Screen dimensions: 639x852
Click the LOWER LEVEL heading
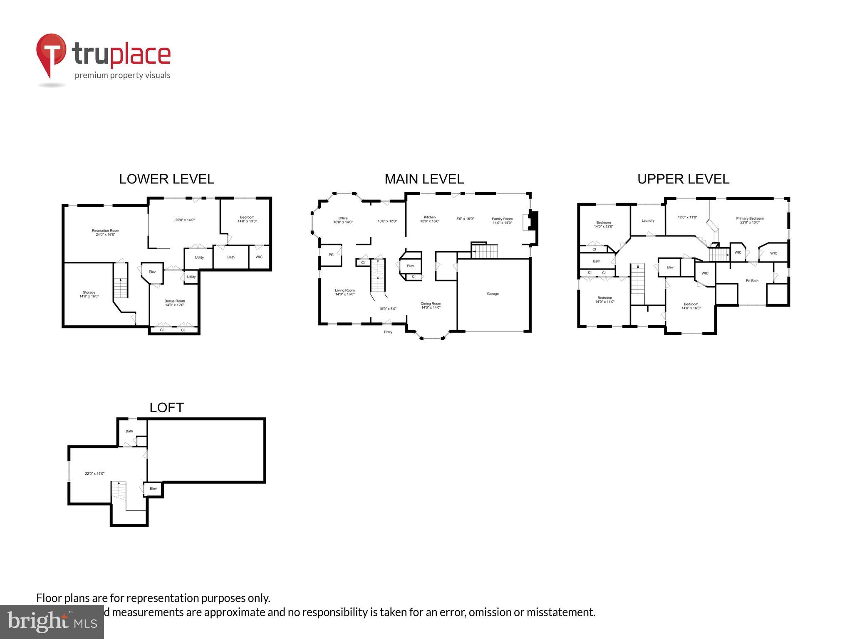point(166,179)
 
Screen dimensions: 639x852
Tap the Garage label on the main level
point(493,294)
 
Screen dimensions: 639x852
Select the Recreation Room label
point(105,230)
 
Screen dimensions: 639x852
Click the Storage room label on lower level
point(89,292)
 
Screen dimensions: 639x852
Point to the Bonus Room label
point(174,301)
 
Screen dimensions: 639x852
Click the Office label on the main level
point(343,218)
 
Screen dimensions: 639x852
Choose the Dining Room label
point(431,304)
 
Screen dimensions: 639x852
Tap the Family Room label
point(502,219)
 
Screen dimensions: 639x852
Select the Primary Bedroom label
point(750,218)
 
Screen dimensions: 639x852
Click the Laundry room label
point(648,220)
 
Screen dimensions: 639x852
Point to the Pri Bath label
point(752,281)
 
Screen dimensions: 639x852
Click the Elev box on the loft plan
point(153,488)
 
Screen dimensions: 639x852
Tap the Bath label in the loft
point(129,431)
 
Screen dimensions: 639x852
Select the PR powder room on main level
point(331,255)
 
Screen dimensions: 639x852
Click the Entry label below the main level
point(388,332)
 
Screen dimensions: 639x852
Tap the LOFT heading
point(166,408)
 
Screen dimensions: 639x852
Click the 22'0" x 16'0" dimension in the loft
point(94,473)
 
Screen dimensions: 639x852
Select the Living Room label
point(345,290)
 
